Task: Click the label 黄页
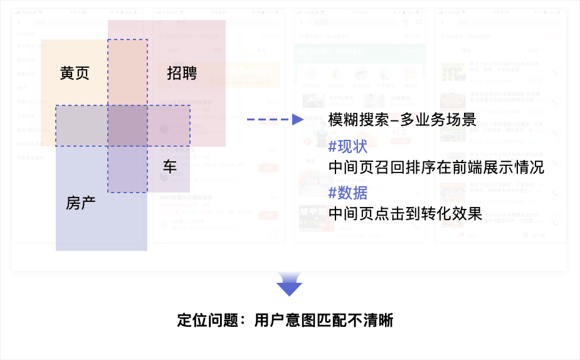click(x=75, y=73)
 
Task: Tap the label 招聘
click(x=182, y=73)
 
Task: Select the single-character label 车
click(x=170, y=167)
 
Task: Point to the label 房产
click(x=81, y=203)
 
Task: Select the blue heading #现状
click(x=348, y=147)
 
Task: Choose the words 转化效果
click(x=451, y=213)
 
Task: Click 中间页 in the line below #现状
click(x=351, y=167)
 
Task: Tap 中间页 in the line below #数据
click(x=351, y=213)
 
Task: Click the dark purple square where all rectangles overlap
click(x=128, y=125)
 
